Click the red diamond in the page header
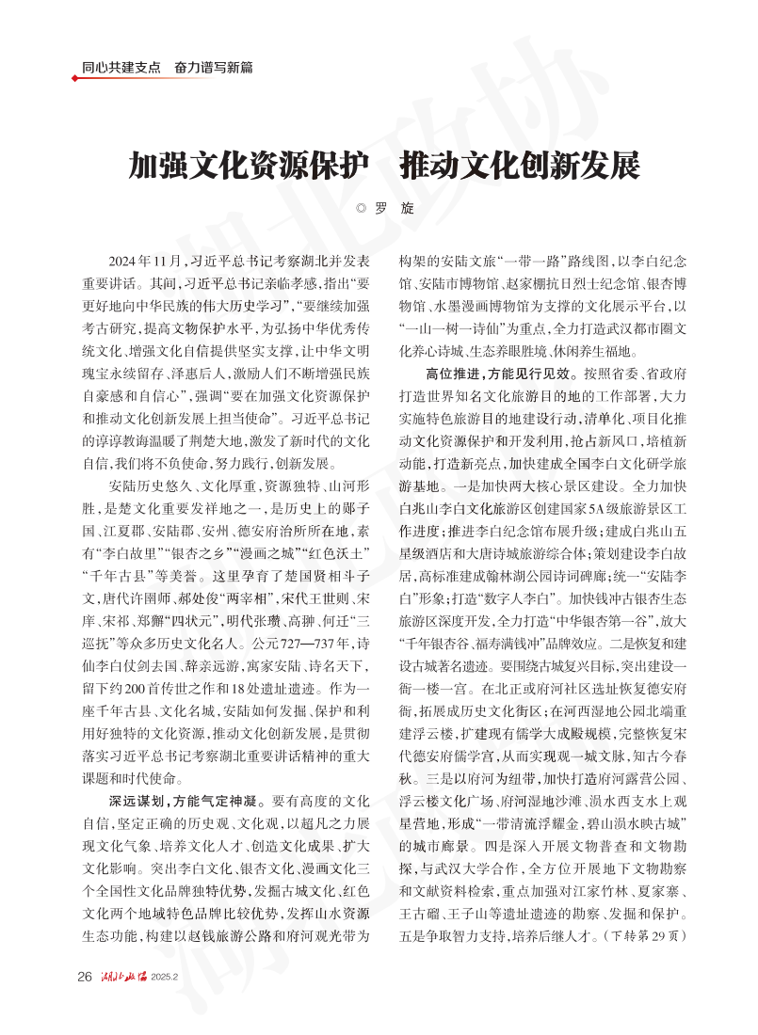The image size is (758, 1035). (x=75, y=78)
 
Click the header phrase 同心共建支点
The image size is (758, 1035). (x=121, y=68)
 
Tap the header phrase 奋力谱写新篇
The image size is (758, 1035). (x=213, y=68)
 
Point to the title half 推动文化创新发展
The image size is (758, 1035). (x=520, y=166)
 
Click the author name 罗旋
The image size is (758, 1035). (x=395, y=209)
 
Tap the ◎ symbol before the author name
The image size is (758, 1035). (x=361, y=209)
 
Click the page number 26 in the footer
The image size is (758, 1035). (x=84, y=976)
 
